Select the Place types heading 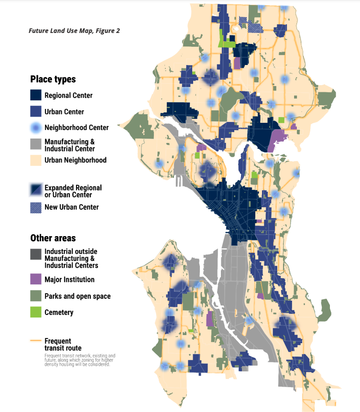(x=53, y=79)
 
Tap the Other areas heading (x=53, y=238)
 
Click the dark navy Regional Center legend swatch (x=36, y=95)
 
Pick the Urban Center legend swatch (x=36, y=111)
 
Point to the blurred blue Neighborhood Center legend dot (x=36, y=128)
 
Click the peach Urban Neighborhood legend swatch (x=36, y=160)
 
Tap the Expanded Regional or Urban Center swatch (x=36, y=190)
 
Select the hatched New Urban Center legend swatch (x=36, y=207)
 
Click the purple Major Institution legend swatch (x=36, y=279)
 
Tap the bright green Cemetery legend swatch (x=36, y=312)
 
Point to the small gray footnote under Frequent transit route (x=79, y=360)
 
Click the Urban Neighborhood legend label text (x=75, y=160)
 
